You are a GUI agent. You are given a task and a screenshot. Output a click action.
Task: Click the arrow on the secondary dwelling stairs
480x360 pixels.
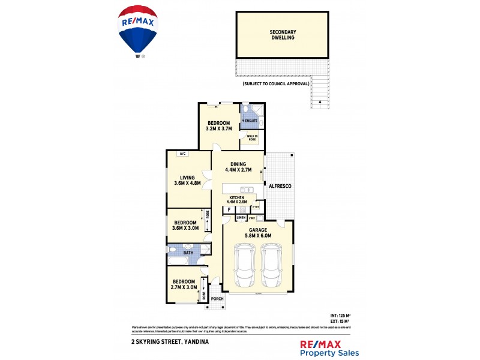pyautogui.click(x=320, y=102)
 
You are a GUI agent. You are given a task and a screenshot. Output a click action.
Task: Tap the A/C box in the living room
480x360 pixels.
pyautogui.click(x=181, y=154)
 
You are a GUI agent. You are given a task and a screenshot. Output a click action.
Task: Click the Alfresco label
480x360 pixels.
pyautogui.click(x=280, y=187)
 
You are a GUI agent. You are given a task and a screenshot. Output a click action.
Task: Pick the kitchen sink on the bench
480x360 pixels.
pyautogui.click(x=251, y=190)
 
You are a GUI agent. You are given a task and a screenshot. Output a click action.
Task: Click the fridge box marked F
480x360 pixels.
pyautogui.click(x=229, y=210)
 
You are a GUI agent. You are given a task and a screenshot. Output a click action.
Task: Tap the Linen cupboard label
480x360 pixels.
pyautogui.click(x=241, y=217)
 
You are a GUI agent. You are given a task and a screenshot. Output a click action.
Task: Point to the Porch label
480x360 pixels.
pyautogui.click(x=217, y=298)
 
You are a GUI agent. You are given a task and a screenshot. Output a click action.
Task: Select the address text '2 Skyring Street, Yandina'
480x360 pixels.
pyautogui.click(x=169, y=341)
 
